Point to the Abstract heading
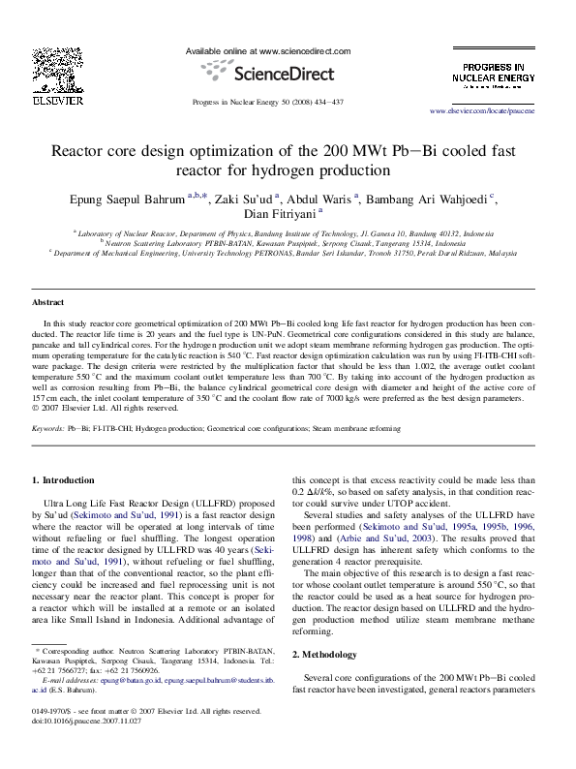(x=47, y=303)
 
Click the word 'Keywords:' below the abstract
(x=48, y=427)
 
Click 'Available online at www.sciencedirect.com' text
(x=268, y=50)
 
